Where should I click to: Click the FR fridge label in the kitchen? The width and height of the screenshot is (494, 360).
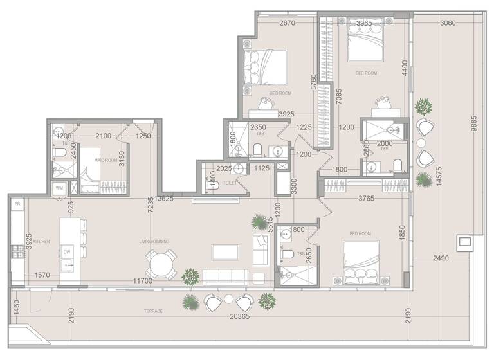(18, 204)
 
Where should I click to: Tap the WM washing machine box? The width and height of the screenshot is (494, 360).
(59, 188)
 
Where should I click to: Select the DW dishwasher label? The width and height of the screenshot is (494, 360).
(66, 252)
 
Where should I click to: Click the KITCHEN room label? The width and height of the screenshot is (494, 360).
(42, 242)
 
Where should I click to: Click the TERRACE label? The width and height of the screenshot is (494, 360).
(153, 311)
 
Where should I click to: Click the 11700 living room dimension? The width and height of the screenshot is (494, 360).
(142, 281)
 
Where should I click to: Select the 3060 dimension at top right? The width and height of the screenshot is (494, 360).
(448, 24)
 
